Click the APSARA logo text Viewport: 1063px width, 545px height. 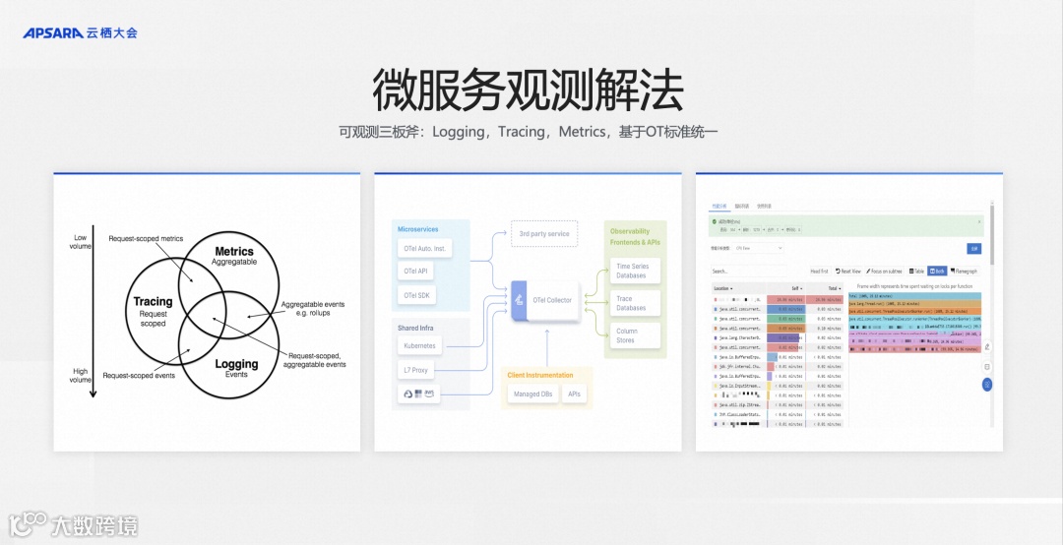(x=54, y=32)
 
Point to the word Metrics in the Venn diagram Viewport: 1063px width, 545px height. (x=234, y=252)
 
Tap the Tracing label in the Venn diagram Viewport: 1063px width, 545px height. (x=153, y=302)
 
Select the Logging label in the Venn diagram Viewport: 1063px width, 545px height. (x=236, y=364)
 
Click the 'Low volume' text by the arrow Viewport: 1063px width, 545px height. (x=82, y=241)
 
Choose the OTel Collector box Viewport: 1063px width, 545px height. (x=546, y=299)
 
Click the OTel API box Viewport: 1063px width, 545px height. (x=416, y=271)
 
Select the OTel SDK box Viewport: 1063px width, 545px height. (x=417, y=295)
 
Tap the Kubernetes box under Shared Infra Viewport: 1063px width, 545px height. (x=419, y=345)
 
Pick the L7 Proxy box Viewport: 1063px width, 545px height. (x=416, y=370)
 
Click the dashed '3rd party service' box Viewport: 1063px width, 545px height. (x=544, y=234)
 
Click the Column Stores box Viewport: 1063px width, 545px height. (x=627, y=335)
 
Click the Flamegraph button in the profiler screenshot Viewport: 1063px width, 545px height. (x=964, y=271)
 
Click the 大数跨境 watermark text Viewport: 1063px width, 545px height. (x=94, y=524)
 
